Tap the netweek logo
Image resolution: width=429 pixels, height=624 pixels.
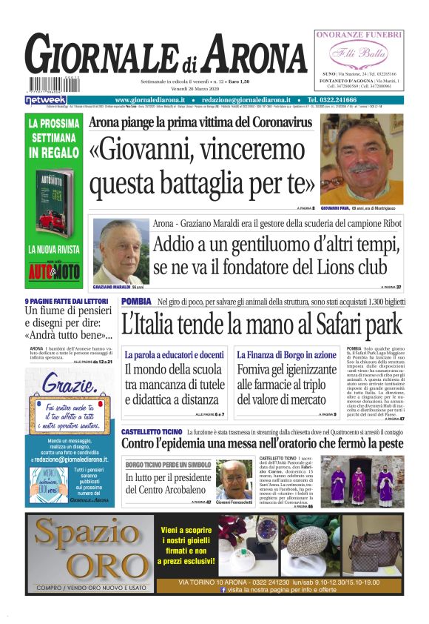[x=45, y=99]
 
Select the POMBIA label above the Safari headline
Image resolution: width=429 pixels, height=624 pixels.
[x=136, y=301]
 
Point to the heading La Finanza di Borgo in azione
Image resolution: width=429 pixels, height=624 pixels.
[x=277, y=355]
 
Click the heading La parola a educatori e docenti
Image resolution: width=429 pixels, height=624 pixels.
[x=174, y=355]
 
